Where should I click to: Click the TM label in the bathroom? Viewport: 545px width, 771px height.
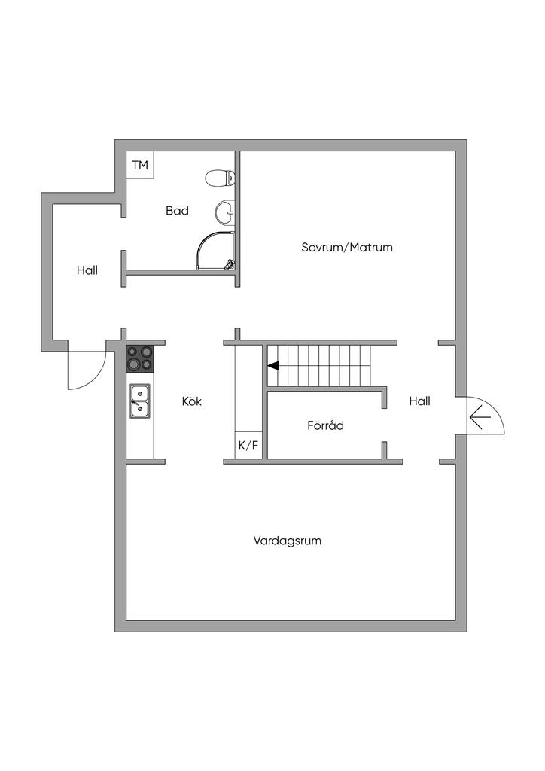[140, 165]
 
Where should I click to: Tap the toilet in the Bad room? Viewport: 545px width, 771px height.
[221, 178]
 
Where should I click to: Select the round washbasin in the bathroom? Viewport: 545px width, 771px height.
[224, 212]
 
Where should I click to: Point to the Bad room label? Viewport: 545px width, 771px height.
[177, 211]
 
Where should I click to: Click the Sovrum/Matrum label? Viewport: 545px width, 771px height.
[347, 247]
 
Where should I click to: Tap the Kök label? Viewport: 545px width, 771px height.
[192, 401]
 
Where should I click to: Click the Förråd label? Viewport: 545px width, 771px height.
[325, 425]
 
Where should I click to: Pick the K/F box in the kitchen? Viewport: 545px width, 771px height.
[248, 445]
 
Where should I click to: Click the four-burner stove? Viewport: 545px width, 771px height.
[140, 358]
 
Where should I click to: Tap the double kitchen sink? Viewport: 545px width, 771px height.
[140, 401]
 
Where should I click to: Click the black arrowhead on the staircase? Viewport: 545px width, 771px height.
[272, 367]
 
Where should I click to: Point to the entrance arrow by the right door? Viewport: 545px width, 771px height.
[479, 415]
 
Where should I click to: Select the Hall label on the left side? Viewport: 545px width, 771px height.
[87, 270]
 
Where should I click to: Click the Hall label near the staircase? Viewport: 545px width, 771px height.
[419, 401]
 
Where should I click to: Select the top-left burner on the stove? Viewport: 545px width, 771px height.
[132, 352]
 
